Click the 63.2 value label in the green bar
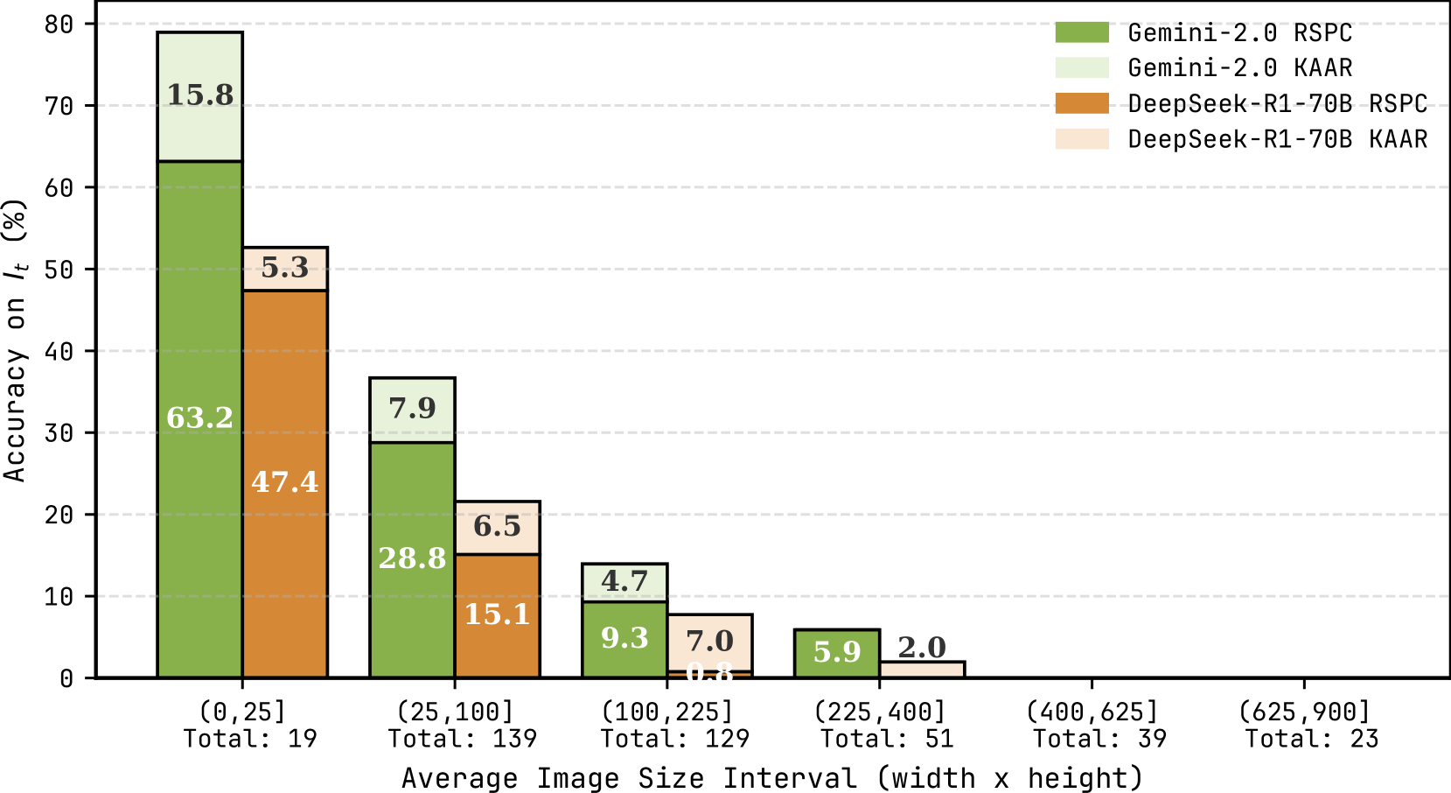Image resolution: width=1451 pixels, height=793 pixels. pos(199,418)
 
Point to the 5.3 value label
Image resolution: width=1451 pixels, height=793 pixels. pos(285,267)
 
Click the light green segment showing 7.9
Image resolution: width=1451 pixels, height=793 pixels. pos(412,409)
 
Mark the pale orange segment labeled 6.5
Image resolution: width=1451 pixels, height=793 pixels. pos(497,527)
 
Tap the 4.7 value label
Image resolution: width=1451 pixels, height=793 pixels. pos(624,581)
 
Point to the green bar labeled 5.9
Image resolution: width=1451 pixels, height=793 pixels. pos(837,653)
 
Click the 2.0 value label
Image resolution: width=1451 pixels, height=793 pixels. pos(922,648)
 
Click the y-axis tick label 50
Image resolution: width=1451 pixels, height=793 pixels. pos(59,270)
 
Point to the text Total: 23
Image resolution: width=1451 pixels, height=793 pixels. pos(1311,739)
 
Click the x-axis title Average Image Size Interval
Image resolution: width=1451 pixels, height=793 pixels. pos(771,777)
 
